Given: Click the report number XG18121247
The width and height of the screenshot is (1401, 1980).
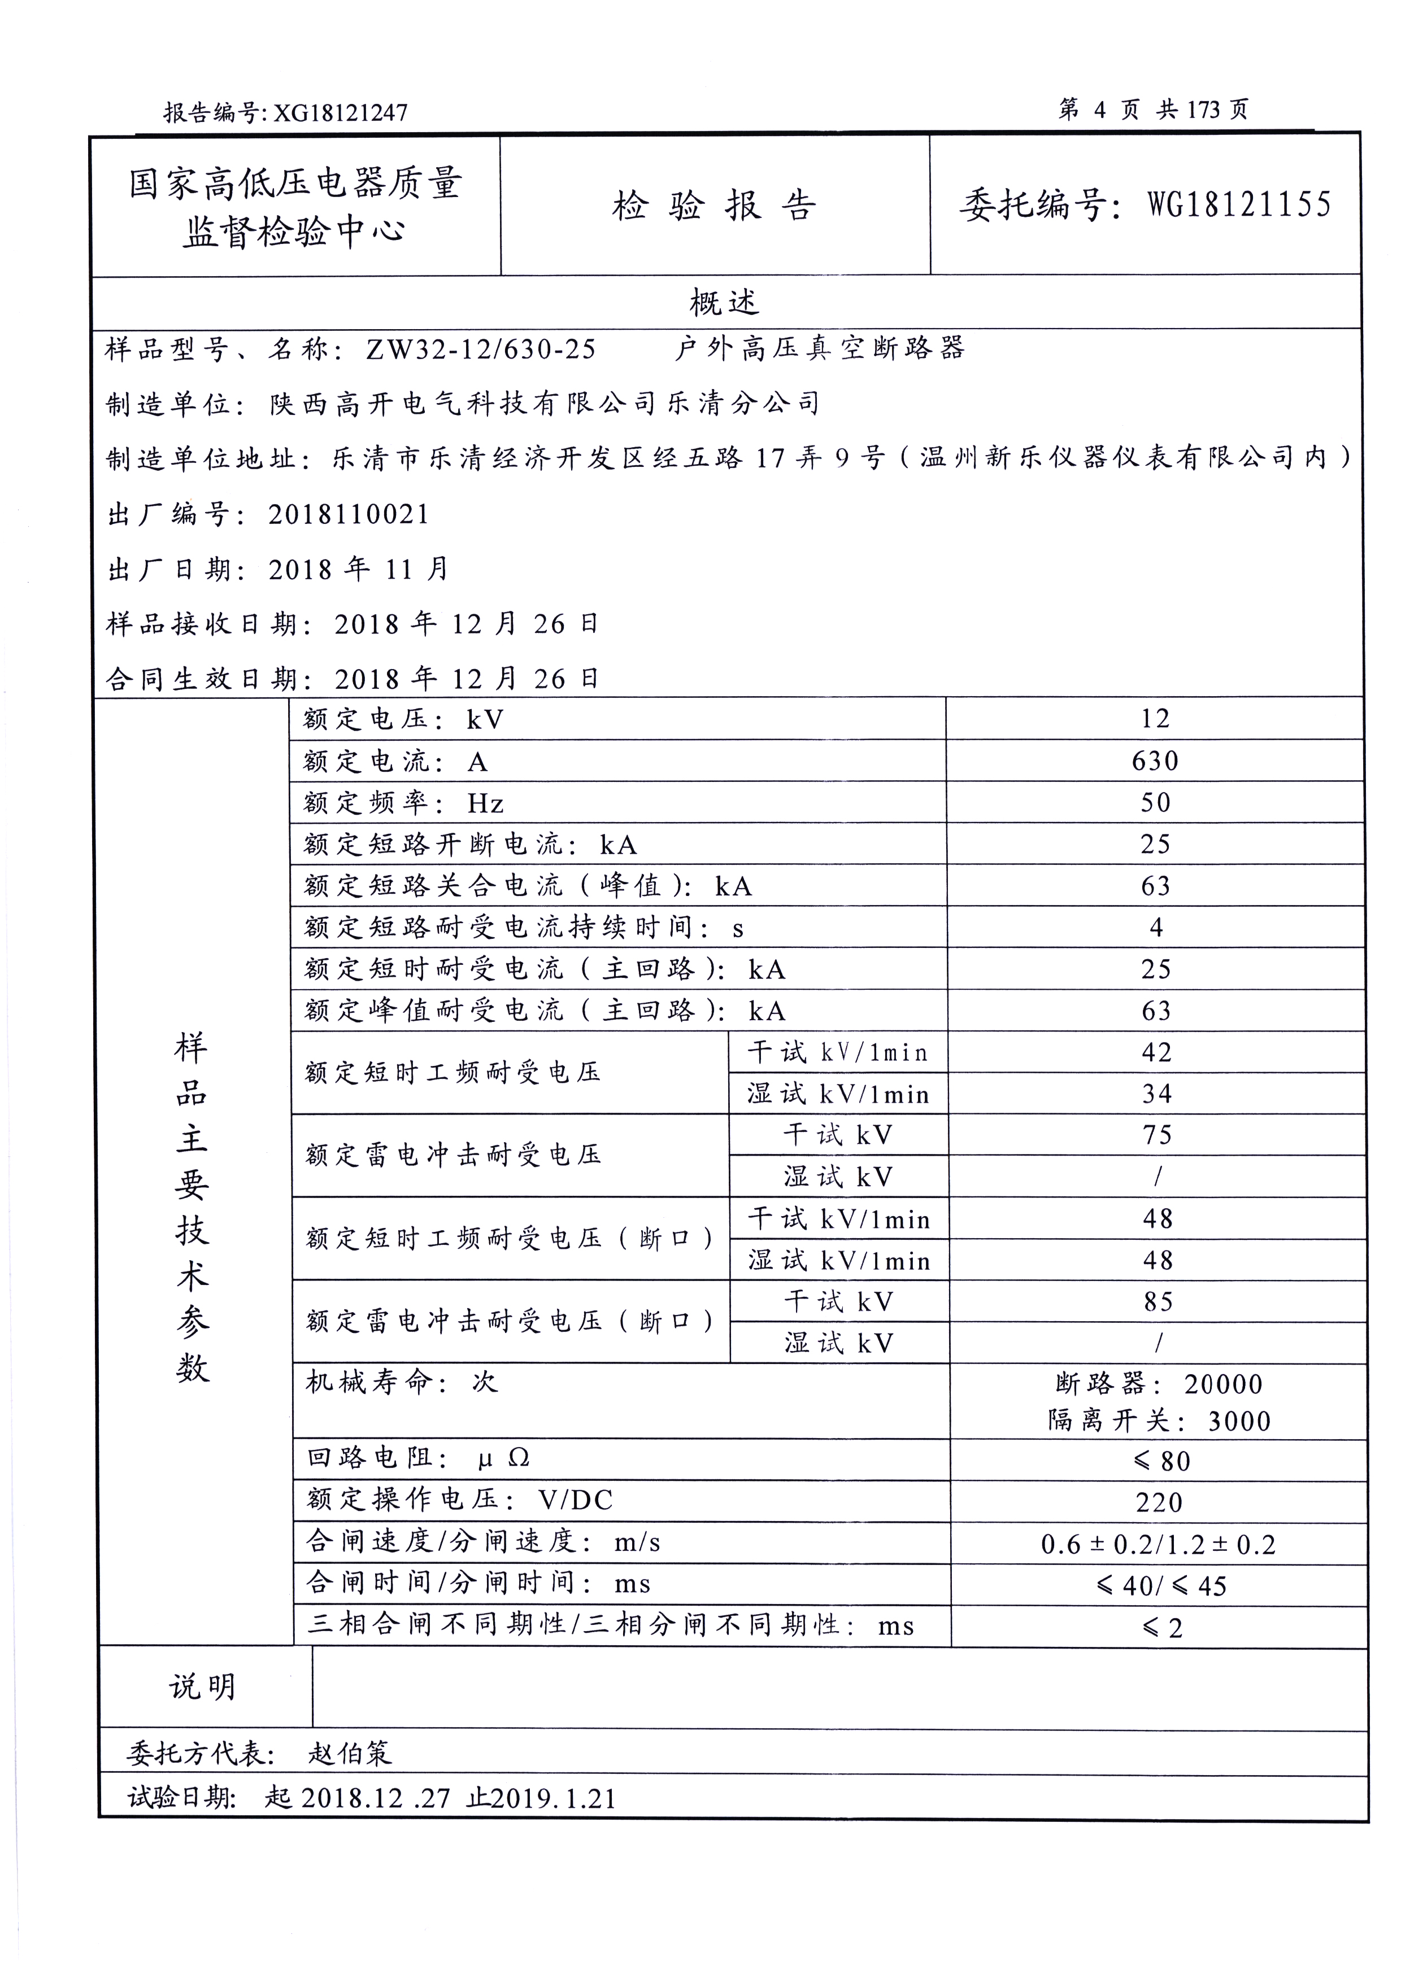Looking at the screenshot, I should click(x=340, y=113).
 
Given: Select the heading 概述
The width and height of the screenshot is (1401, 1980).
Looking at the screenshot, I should click(x=723, y=302).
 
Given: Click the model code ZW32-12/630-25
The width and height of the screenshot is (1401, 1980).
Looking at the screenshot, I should click(x=481, y=349).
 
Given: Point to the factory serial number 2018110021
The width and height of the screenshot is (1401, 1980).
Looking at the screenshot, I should click(x=349, y=515).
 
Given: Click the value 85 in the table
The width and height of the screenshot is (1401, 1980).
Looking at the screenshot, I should click(x=1158, y=1301).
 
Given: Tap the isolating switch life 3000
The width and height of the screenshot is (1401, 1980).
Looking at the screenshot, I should click(x=1239, y=1421).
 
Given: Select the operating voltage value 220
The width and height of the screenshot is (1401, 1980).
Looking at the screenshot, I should click(x=1159, y=1502).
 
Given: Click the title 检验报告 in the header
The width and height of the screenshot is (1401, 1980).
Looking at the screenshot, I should click(x=713, y=206).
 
